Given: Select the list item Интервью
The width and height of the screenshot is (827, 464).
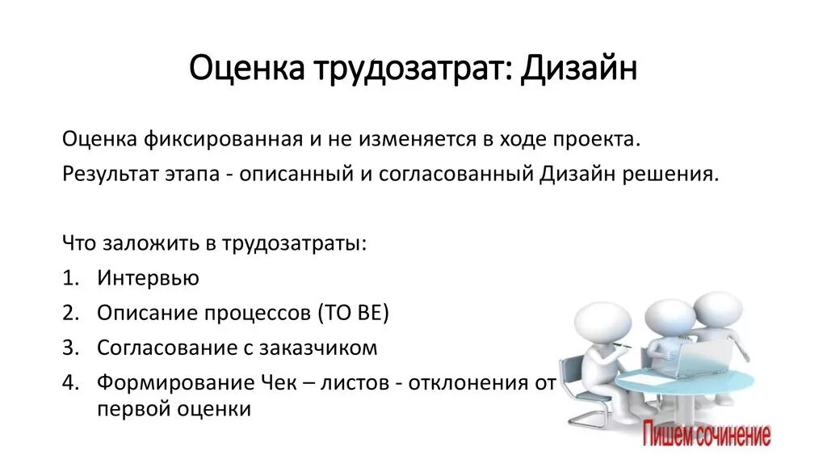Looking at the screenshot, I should pos(148,278).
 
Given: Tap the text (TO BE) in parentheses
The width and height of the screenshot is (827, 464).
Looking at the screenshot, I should pos(353,313).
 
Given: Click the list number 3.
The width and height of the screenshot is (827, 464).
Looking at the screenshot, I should pos(69,348).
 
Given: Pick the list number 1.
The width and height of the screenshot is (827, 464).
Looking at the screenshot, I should pos(69,278).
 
